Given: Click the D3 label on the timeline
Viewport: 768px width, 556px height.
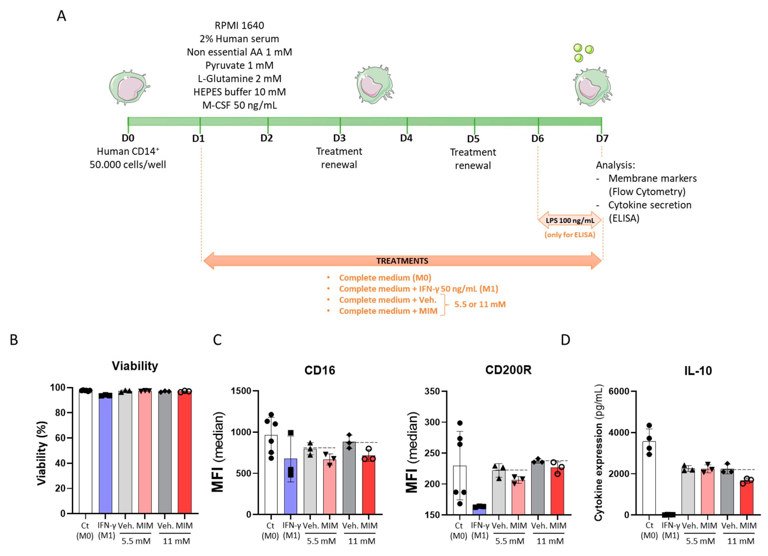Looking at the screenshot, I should click(339, 138).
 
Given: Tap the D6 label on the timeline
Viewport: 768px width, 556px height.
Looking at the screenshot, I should click(537, 139).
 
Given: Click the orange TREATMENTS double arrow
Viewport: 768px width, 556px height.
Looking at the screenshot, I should click(402, 261).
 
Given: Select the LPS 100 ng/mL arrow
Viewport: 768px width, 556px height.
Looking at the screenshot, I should click(570, 220).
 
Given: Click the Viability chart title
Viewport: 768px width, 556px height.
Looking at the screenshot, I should click(135, 366).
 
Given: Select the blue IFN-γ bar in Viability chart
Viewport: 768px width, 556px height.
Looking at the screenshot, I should click(105, 454).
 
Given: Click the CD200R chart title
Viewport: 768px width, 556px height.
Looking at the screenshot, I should click(508, 370).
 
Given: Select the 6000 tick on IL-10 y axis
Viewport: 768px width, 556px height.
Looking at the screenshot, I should click(619, 391).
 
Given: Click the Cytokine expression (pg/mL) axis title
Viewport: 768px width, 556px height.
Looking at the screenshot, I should click(599, 452).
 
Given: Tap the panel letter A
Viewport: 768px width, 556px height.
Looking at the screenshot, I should click(61, 16).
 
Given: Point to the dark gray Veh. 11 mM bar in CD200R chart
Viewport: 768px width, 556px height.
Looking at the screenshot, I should click(538, 488).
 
